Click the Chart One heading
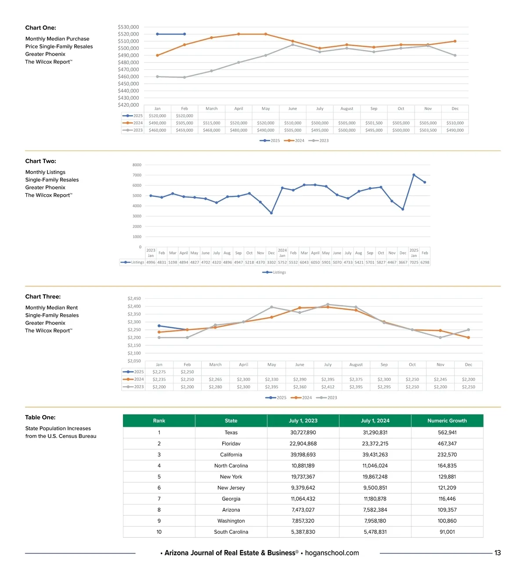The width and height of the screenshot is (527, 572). pyautogui.click(x=41, y=28)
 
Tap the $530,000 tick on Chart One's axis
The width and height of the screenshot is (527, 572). pyautogui.click(x=128, y=27)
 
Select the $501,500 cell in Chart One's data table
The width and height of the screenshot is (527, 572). pyautogui.click(x=374, y=123)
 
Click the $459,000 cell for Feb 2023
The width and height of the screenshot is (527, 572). pyautogui.click(x=184, y=130)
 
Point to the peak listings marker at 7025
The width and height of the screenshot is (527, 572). pyautogui.click(x=414, y=175)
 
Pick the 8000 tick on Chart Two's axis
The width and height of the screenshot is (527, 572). pyautogui.click(x=137, y=165)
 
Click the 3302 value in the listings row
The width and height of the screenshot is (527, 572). pyautogui.click(x=271, y=262)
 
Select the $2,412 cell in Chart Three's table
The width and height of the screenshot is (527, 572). pyautogui.click(x=328, y=387)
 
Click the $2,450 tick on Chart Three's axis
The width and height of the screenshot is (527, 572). pyautogui.click(x=134, y=298)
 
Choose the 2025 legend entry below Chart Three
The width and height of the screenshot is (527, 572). pyautogui.click(x=276, y=398)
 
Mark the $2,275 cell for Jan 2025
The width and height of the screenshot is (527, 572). pyautogui.click(x=159, y=372)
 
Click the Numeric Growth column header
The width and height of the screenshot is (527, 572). pyautogui.click(x=447, y=420)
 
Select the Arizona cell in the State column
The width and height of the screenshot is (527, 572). pyautogui.click(x=231, y=510)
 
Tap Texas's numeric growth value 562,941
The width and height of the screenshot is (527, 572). pyautogui.click(x=447, y=432)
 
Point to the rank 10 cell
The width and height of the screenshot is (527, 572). pyautogui.click(x=159, y=532)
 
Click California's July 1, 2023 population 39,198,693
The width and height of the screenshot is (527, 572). pyautogui.click(x=303, y=455)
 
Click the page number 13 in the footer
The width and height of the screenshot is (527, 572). pyautogui.click(x=498, y=553)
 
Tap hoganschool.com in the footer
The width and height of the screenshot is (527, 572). pyautogui.click(x=332, y=553)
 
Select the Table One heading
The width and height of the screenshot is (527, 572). pyautogui.click(x=40, y=417)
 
